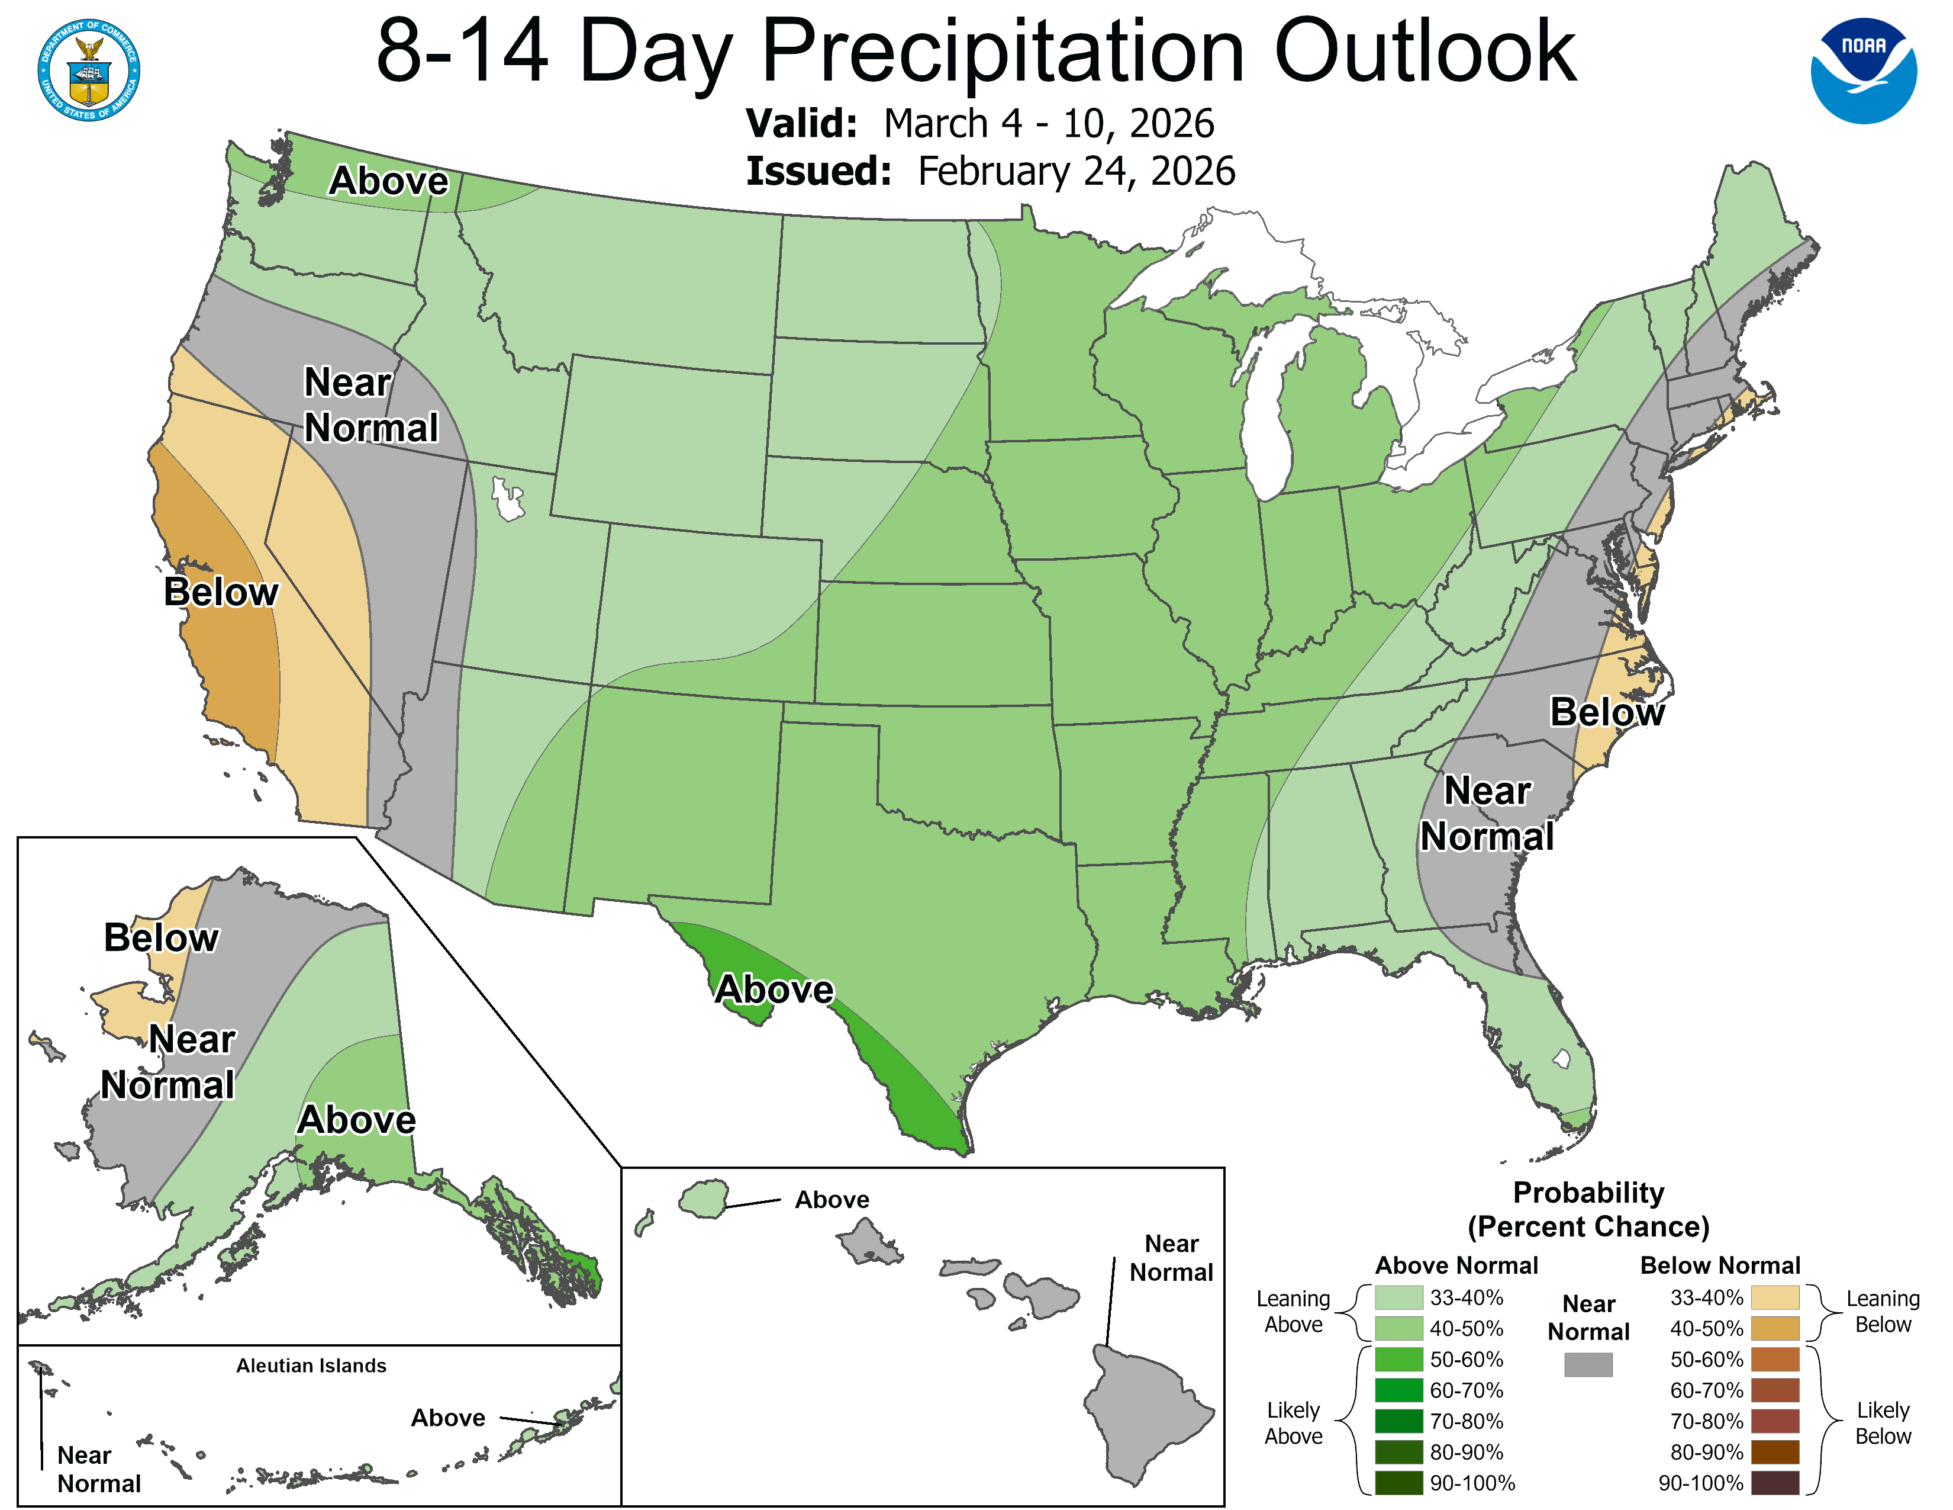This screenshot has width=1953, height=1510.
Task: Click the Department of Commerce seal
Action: click(89, 70)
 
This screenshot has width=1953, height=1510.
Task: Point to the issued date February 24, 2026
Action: click(1076, 172)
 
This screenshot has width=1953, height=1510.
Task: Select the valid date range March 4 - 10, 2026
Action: click(1048, 123)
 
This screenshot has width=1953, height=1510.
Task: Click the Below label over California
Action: click(221, 592)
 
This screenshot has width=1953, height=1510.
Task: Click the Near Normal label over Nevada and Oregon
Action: click(370, 405)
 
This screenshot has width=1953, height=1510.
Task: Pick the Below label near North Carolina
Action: click(1606, 712)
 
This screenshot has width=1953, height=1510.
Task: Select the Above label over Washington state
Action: click(388, 181)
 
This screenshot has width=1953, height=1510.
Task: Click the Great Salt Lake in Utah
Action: click(507, 499)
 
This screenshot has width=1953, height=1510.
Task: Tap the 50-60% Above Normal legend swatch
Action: click(1398, 1360)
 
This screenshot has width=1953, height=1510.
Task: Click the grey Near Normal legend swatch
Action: click(1588, 1364)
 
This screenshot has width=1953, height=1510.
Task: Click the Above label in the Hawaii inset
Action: click(832, 1200)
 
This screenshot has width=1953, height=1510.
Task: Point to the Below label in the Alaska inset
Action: click(161, 937)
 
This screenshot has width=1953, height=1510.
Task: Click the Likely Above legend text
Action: click(1293, 1422)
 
